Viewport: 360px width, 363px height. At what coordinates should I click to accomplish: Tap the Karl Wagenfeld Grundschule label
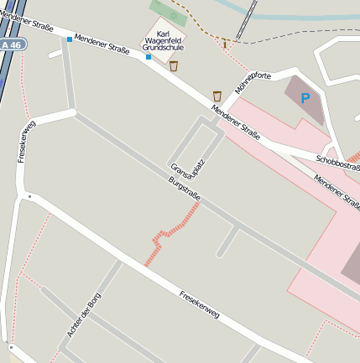163,42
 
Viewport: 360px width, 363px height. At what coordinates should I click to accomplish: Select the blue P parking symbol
305,98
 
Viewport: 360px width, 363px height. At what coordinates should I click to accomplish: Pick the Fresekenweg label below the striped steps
200,303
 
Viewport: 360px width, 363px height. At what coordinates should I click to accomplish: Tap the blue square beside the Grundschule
148,57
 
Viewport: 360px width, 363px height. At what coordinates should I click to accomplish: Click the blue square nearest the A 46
69,39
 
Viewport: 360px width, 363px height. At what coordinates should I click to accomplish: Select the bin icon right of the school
175,65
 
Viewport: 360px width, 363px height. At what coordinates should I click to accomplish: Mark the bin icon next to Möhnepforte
217,96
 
